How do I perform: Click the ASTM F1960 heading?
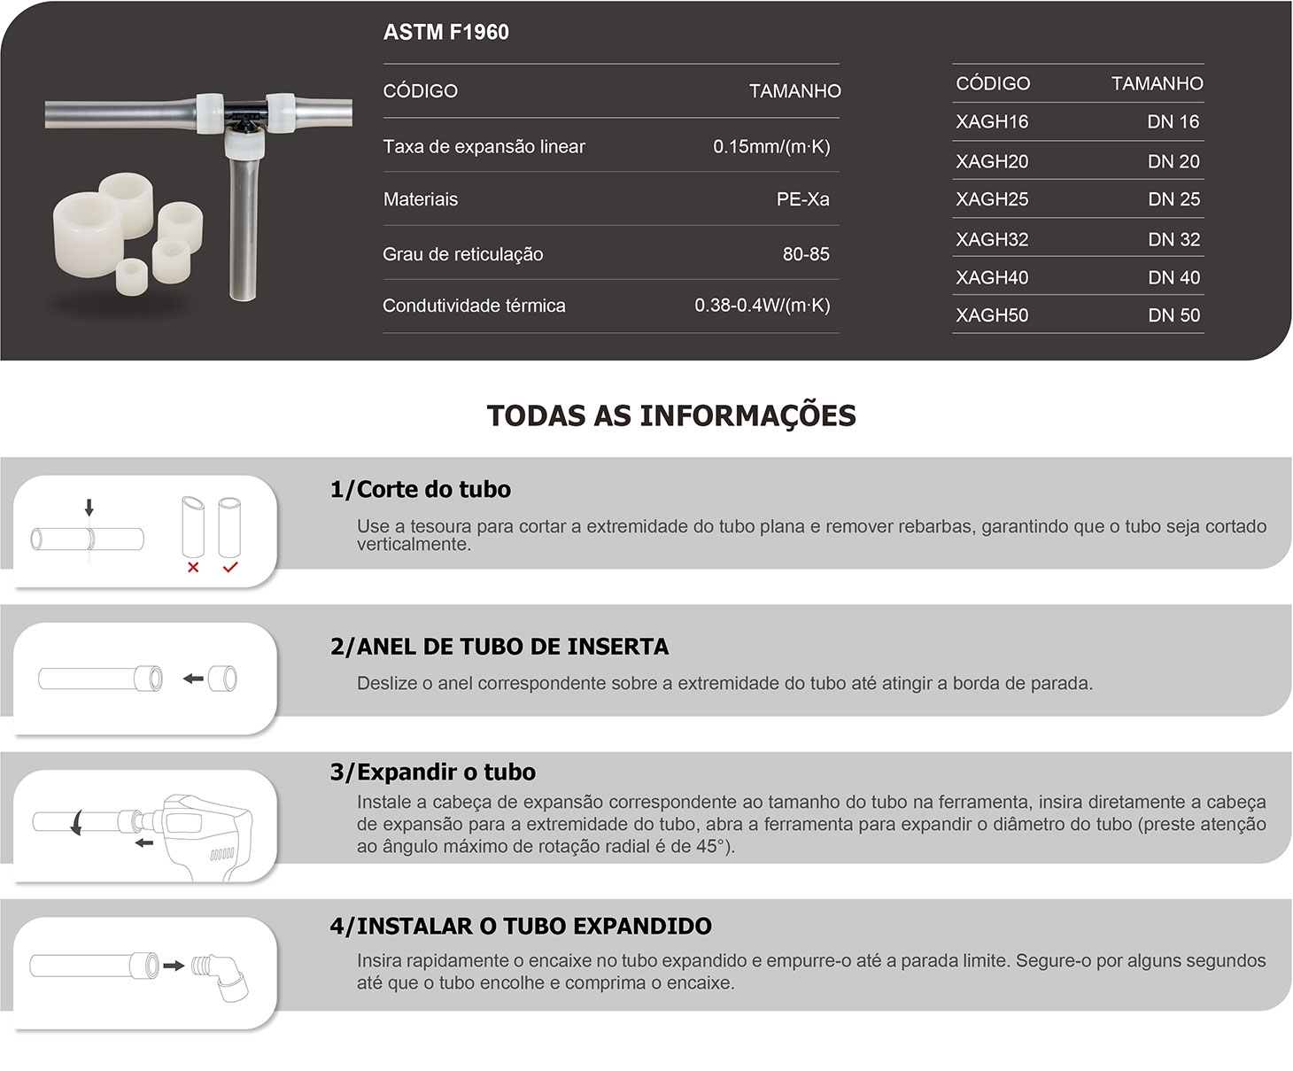445,32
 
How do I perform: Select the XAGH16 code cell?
992,121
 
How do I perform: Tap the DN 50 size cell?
1174,315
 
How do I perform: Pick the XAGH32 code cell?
992,239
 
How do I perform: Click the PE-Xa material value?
803,199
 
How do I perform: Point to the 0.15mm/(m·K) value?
771,147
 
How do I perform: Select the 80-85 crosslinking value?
806,254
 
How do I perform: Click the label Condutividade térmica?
474,306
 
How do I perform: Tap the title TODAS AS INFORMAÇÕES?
671,415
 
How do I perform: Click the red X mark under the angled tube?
193,567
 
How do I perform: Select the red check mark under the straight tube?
230,567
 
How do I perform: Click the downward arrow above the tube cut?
89,508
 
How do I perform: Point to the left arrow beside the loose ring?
193,679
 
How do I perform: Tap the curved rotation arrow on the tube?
75,823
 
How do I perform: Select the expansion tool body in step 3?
207,836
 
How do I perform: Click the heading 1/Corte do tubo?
421,489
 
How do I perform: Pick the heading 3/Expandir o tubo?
433,772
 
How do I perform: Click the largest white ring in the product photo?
87,234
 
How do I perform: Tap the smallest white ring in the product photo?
132,277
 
